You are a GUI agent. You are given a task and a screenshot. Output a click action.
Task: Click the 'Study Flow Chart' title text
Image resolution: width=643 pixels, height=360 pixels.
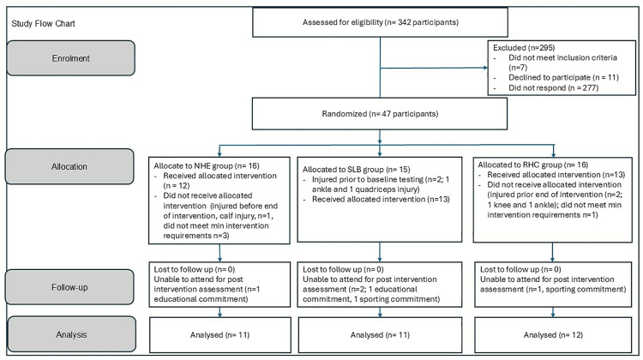point(43,23)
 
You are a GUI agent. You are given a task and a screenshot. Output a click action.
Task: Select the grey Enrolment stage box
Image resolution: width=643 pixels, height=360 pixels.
point(70,58)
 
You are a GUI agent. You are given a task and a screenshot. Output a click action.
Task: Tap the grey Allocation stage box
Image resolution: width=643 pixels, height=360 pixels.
point(69,166)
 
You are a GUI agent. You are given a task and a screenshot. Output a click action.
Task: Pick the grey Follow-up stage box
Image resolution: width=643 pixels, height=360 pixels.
point(69,287)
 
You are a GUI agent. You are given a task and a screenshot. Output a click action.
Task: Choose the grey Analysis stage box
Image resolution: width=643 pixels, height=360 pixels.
point(72,334)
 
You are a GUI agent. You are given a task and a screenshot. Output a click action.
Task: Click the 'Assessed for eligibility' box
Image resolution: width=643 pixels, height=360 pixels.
point(380,22)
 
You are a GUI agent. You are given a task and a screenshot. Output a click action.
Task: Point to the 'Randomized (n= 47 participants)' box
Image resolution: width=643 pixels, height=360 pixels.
point(380,114)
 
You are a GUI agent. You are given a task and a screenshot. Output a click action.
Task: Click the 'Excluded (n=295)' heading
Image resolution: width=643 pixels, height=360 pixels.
point(524,47)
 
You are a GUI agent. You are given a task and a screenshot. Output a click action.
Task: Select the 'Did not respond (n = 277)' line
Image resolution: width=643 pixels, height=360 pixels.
point(553,87)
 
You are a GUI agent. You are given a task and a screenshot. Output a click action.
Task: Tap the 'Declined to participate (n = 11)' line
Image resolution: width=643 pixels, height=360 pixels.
point(563,77)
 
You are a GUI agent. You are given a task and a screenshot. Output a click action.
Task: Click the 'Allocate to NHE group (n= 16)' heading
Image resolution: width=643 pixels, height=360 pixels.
point(207,165)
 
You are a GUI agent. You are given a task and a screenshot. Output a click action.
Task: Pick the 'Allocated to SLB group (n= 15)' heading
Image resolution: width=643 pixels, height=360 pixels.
point(356,170)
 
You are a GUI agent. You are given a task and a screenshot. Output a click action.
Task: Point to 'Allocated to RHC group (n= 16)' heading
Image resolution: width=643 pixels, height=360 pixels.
point(532,165)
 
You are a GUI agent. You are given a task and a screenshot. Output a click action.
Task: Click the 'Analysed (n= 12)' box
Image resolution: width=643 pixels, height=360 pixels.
point(553,335)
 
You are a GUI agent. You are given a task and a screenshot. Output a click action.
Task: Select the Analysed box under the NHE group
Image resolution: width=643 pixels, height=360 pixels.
point(219,335)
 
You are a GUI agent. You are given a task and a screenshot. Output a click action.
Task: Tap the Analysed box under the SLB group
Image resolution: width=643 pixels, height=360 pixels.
point(380,335)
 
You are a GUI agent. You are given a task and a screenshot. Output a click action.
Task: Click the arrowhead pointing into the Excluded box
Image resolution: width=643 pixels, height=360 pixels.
point(485,68)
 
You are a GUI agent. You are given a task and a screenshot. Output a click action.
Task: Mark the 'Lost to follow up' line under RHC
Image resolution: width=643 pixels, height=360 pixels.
point(520,269)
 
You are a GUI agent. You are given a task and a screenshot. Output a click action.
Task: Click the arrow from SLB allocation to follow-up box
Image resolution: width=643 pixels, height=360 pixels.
point(380,252)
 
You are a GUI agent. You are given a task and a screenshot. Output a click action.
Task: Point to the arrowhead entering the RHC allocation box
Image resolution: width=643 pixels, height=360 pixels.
point(554,155)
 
